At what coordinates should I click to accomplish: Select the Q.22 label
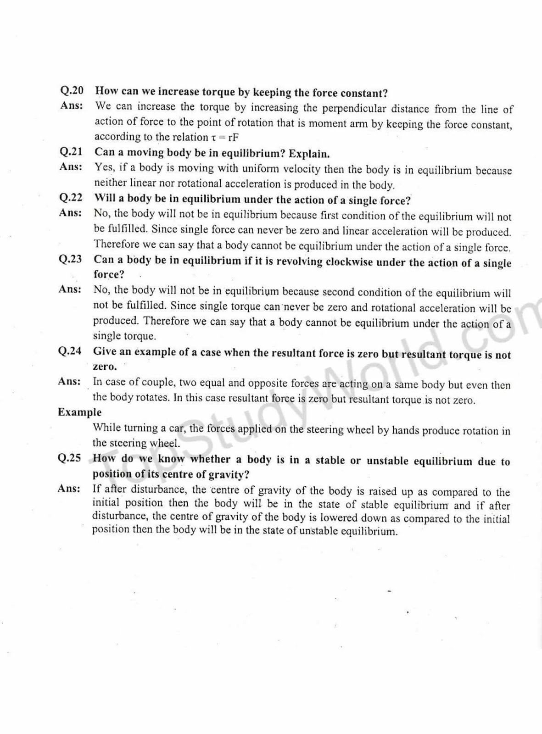point(71,198)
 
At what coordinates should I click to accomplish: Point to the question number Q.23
point(70,259)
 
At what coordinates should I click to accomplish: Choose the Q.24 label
point(70,351)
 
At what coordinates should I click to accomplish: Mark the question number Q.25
point(69,458)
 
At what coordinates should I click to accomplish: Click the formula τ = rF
point(225,138)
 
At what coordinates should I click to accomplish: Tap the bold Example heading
point(79,412)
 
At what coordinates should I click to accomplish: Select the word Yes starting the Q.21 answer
point(104,167)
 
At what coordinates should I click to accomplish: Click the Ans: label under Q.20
point(71,106)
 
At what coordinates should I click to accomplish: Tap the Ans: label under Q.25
point(69,489)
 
